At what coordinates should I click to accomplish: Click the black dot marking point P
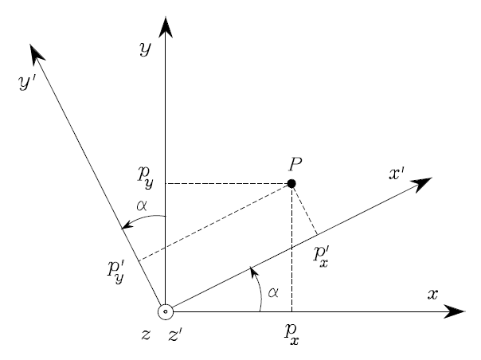[291, 184]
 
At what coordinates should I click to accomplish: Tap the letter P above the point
[295, 165]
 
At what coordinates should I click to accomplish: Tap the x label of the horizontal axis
[432, 294]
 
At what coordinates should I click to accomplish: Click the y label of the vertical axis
[145, 49]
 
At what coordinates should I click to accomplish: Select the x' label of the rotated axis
[397, 172]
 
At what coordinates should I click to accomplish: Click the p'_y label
[116, 269]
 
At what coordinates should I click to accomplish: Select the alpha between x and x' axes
[273, 293]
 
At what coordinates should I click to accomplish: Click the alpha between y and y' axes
[143, 205]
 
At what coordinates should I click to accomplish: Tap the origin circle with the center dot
[165, 311]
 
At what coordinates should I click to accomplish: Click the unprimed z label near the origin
[146, 335]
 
